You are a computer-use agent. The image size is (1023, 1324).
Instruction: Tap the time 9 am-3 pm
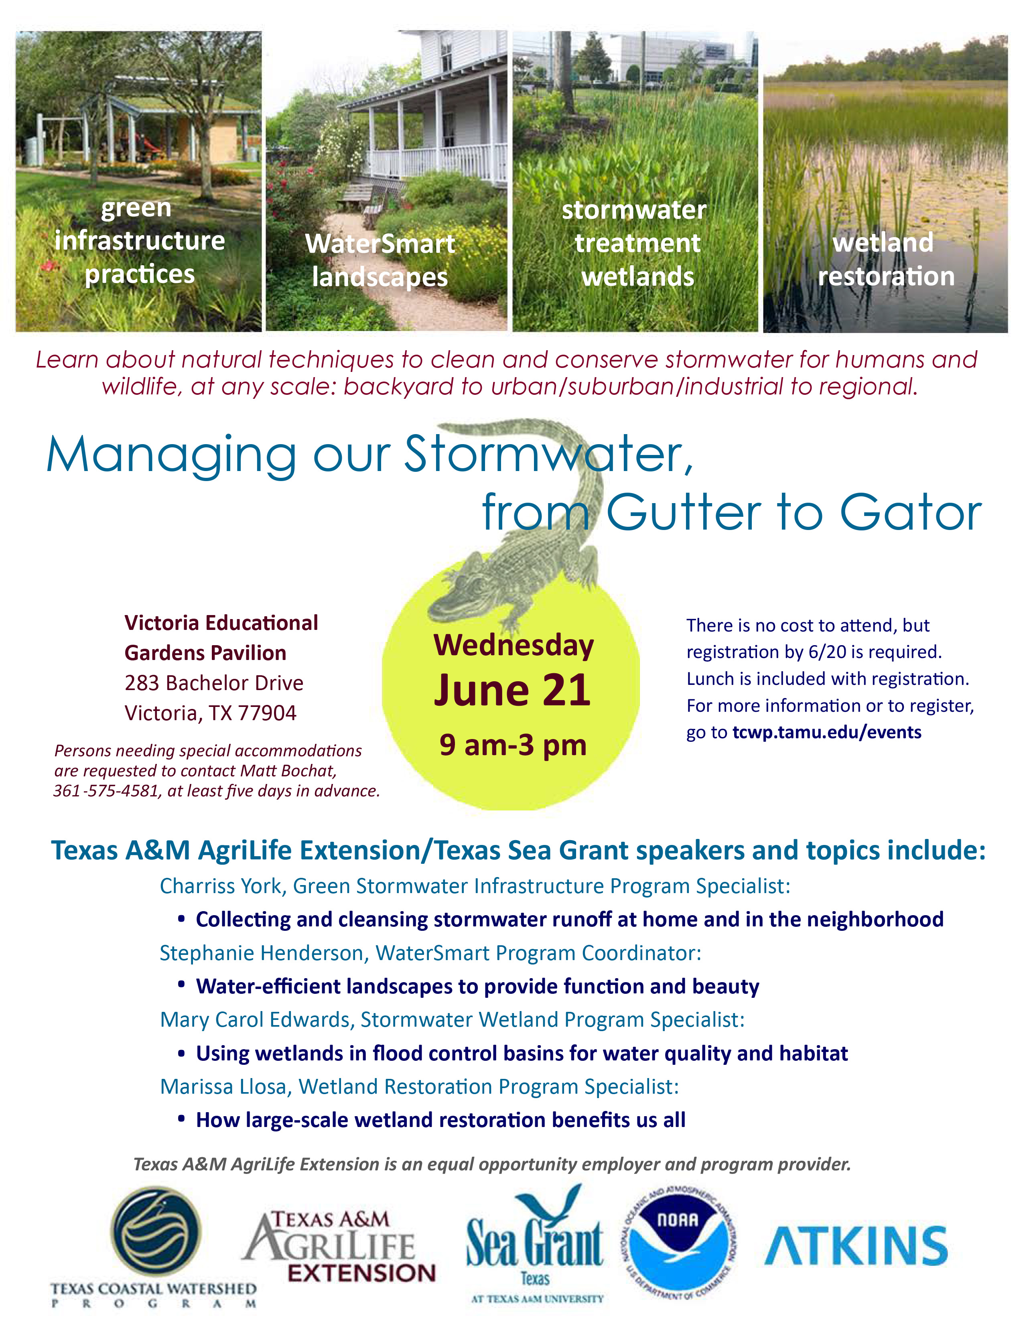pyautogui.click(x=513, y=744)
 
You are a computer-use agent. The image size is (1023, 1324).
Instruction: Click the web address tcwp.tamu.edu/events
pyautogui.click(x=827, y=732)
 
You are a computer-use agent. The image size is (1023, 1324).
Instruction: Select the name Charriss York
pyautogui.click(x=221, y=886)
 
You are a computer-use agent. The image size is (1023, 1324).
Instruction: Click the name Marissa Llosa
pyautogui.click(x=222, y=1087)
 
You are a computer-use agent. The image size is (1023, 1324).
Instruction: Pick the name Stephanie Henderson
pyautogui.click(x=261, y=953)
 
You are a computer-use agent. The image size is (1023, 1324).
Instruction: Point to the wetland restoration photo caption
pyautogui.click(x=885, y=260)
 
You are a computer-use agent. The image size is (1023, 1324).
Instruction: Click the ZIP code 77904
pyautogui.click(x=267, y=713)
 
